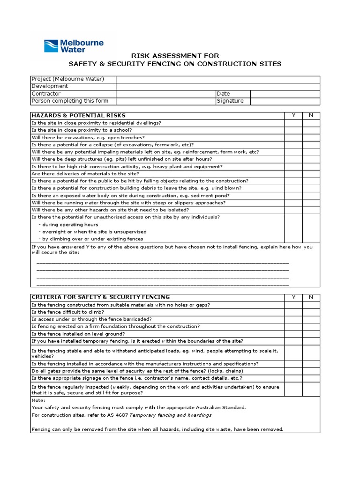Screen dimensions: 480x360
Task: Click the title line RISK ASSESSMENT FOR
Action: coord(175,56)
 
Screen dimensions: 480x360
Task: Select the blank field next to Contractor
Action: coord(165,94)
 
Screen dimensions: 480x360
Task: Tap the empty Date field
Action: coord(285,94)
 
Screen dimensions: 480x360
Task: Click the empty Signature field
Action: coord(285,101)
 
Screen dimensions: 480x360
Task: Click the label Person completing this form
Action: coord(70,101)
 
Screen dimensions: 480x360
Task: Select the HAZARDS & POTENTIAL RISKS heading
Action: coord(78,115)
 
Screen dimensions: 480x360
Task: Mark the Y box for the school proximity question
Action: coord(293,130)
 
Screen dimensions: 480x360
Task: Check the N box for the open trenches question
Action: coord(311,137)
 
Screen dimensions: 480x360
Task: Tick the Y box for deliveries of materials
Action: coord(293,173)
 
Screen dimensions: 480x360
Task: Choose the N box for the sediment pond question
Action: coord(311,195)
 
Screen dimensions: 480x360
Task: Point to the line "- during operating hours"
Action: coord(68,225)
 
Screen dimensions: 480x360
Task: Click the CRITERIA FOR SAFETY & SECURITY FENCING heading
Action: coord(100,297)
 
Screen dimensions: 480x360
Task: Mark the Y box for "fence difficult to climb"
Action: coord(293,312)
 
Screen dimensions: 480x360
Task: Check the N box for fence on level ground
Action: coord(311,334)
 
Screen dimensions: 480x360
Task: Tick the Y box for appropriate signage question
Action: coord(293,378)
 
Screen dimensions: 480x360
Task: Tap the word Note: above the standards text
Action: coord(38,400)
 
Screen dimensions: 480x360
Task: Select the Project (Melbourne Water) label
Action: coord(67,79)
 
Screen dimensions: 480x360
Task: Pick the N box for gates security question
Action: coord(311,371)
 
